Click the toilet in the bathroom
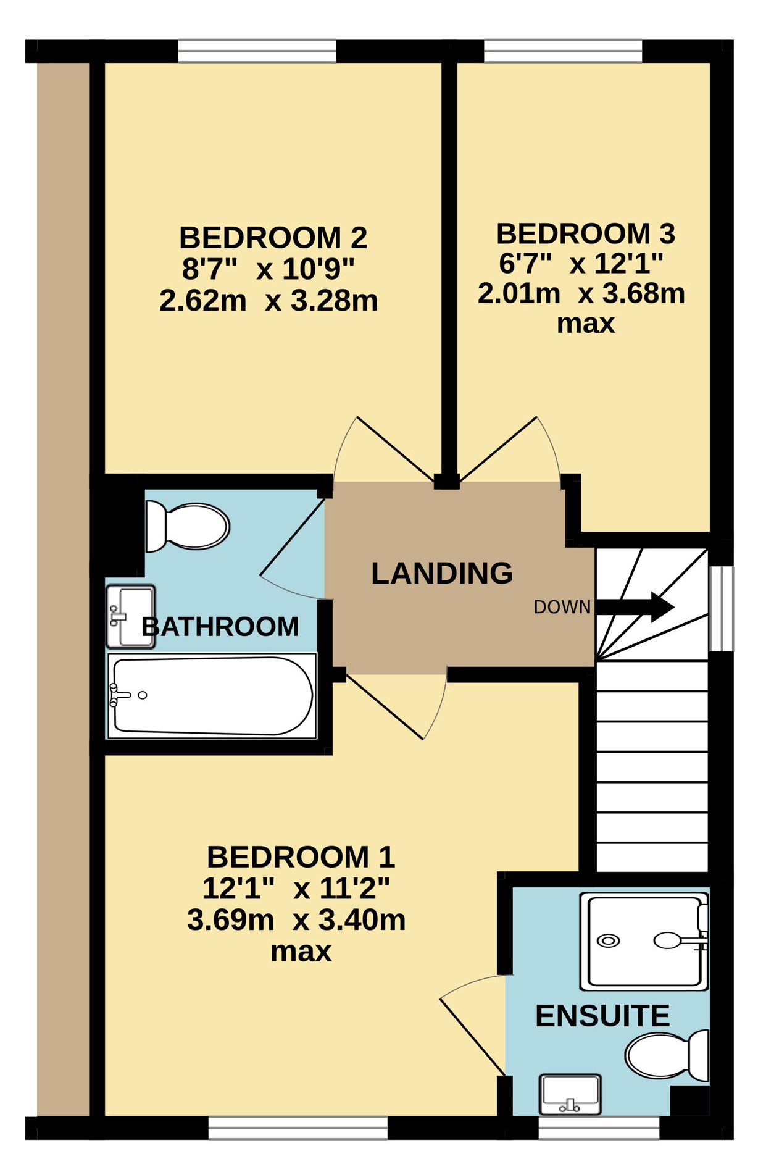(187, 526)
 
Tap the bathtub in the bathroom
(212, 696)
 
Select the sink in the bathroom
(130, 616)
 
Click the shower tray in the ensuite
(644, 941)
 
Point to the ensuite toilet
(667, 1055)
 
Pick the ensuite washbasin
(570, 1095)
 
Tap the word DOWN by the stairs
(562, 608)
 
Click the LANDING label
(442, 574)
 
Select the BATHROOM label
(220, 627)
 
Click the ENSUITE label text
(602, 1016)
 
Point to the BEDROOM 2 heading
(273, 238)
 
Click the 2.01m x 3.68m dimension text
(581, 294)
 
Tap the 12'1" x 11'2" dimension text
(296, 889)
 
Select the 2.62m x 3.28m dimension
(269, 301)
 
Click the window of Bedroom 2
(257, 51)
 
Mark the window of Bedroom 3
(563, 51)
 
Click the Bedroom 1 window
(298, 1128)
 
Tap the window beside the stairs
(721, 609)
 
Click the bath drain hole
(143, 695)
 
